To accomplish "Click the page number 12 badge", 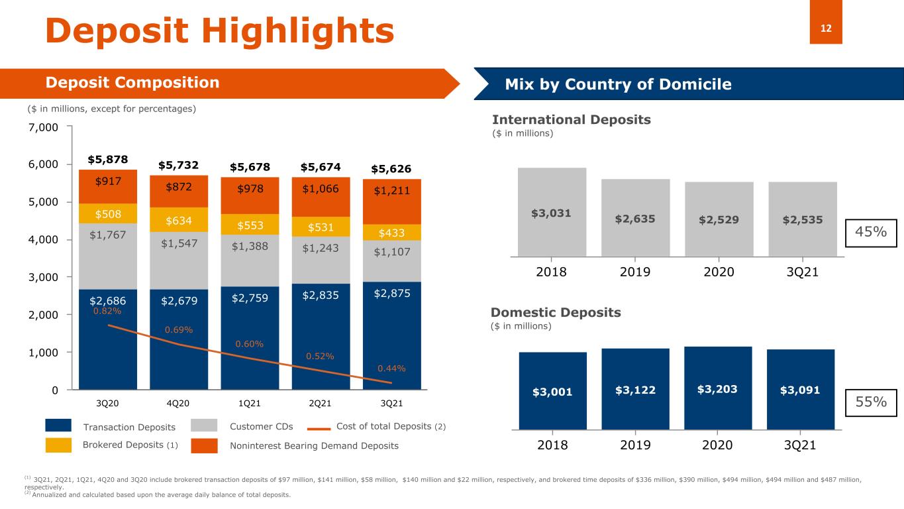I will point(826,28).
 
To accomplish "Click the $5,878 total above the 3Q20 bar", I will point(108,160).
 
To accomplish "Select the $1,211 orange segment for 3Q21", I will point(392,192).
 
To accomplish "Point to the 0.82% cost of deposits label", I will point(107,311).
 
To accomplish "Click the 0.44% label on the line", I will point(391,368).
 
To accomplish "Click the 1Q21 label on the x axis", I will point(250,403).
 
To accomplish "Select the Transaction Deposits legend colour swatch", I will point(58,426).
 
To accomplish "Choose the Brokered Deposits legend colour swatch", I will point(58,445).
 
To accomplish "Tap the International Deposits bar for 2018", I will point(552,211).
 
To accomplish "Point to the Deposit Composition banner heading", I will point(132,83).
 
